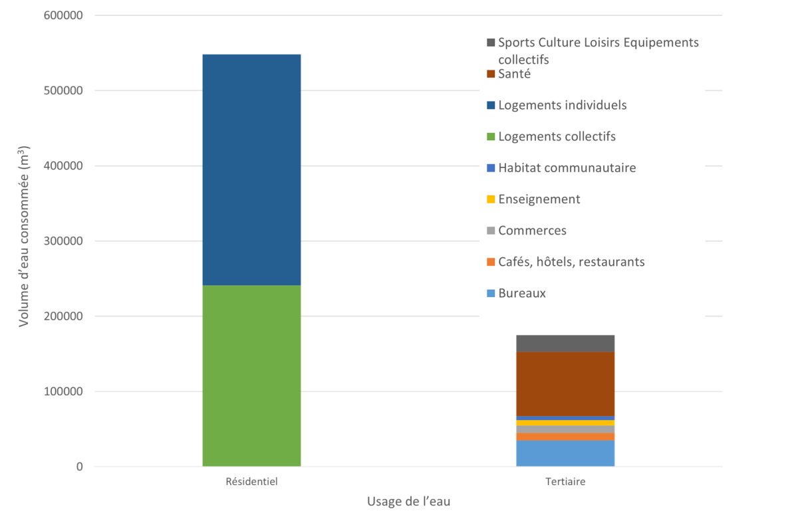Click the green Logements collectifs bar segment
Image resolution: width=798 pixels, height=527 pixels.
pos(251,375)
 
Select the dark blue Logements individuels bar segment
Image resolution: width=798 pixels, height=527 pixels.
pos(251,169)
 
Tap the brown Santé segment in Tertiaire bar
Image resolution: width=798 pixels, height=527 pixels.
pos(565,383)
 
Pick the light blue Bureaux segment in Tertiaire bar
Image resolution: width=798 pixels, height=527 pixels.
pos(565,453)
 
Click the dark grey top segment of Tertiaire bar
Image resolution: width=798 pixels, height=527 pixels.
pos(565,343)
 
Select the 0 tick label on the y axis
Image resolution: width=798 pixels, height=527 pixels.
pos(79,467)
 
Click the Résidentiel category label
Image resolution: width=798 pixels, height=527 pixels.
pos(251,482)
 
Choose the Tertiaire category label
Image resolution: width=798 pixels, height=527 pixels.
pos(565,482)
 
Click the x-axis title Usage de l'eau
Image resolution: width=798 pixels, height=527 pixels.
pos(408,502)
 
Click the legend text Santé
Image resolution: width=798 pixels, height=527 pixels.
pos(514,74)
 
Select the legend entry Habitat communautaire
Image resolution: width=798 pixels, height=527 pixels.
pos(567,167)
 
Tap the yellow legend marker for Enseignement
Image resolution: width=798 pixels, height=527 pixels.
pos(491,199)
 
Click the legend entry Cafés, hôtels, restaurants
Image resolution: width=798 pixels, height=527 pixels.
pos(571,262)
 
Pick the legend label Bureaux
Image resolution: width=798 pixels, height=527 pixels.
pos(521,293)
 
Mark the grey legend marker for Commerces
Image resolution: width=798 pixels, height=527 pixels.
pos(491,231)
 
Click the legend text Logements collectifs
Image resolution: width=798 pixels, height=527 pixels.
pos(557,136)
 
